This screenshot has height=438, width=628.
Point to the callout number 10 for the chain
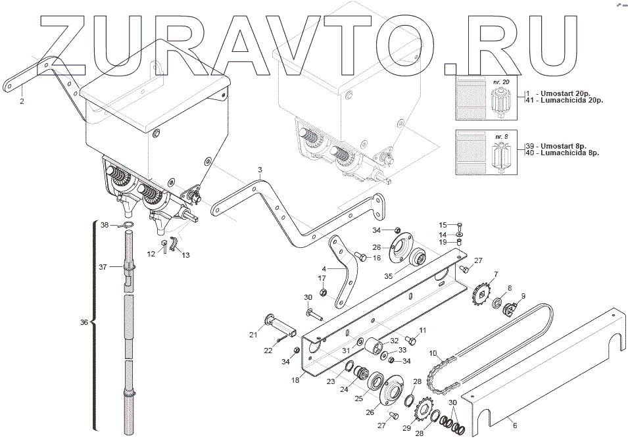point(433,354)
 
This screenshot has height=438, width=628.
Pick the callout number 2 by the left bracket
point(22,102)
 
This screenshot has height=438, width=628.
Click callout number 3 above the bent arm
point(260,170)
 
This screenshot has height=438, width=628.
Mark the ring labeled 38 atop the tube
point(128,226)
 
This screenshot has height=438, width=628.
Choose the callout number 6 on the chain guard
point(514,425)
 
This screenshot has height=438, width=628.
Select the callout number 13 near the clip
point(185,255)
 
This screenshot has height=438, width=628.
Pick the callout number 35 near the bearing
point(389,277)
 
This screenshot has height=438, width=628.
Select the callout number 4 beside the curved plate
point(324,269)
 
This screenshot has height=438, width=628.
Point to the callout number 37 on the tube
point(102,267)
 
